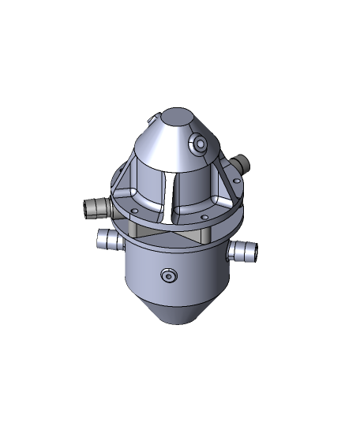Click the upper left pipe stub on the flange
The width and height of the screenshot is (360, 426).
(96, 208)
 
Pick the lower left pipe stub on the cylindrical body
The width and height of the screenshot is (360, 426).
(107, 239)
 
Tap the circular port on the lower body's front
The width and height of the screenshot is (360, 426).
(167, 275)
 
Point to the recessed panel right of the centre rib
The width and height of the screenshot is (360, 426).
(197, 188)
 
